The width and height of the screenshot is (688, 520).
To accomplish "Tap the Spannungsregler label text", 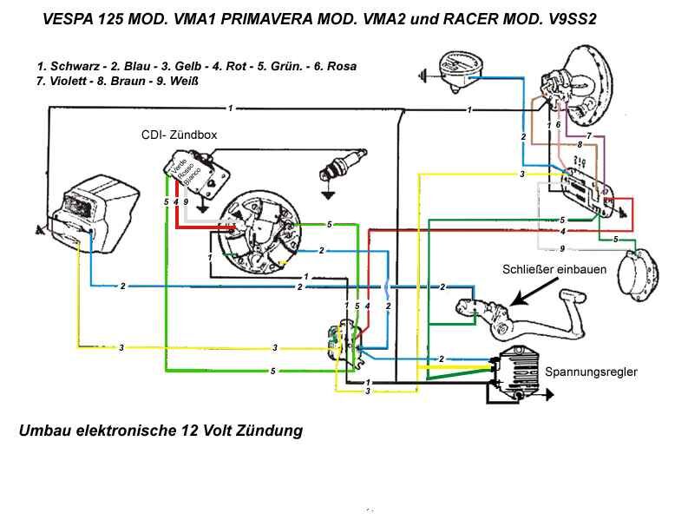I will coord(591,372).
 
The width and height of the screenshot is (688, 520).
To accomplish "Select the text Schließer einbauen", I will coord(554,269).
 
